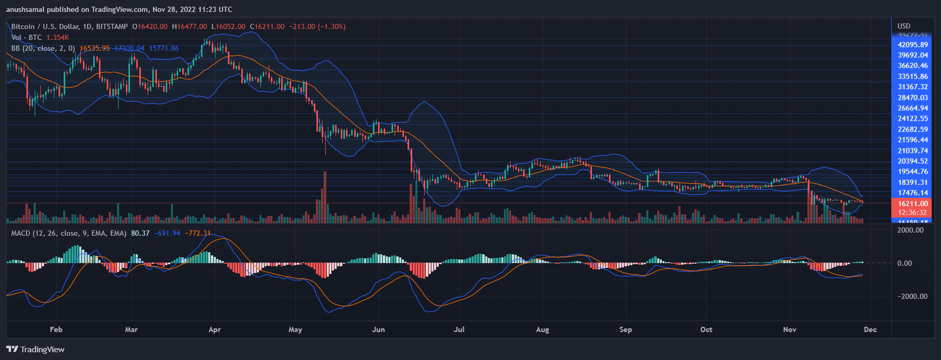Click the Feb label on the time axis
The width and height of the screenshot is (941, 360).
coord(56,329)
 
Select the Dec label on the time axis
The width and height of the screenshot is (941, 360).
coord(870,329)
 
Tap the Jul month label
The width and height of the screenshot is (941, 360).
coord(459,329)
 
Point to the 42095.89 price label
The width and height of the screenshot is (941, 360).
coord(913,45)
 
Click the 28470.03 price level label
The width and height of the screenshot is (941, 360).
coord(913,97)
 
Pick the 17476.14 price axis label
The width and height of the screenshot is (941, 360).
coord(913,193)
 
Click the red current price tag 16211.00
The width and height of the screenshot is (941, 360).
coord(913,204)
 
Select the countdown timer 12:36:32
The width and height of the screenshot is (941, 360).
coord(913,212)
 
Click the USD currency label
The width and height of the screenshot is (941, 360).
coord(904,26)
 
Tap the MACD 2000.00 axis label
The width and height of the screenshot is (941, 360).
coord(910,230)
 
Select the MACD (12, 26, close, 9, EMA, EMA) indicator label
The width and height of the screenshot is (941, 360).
coord(69,233)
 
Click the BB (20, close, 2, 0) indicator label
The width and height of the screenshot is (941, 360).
coord(43,48)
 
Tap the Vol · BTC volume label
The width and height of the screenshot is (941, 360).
coord(26,37)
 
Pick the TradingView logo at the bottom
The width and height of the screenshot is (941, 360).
coord(36,349)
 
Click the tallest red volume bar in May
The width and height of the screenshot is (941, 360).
coord(325,197)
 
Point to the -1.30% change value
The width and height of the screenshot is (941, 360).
coord(331,26)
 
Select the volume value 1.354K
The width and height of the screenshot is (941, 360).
coord(57,37)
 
